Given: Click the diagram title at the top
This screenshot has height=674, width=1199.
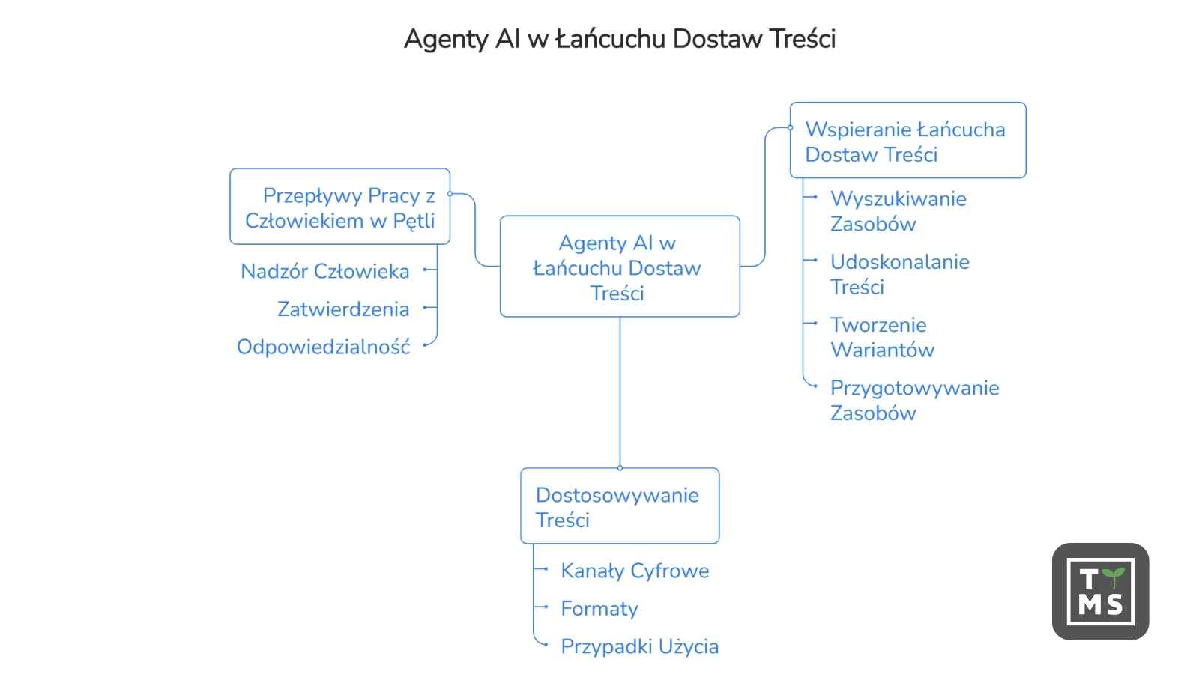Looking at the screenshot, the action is (619, 39).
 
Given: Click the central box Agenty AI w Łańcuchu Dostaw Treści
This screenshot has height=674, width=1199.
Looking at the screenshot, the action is (620, 267).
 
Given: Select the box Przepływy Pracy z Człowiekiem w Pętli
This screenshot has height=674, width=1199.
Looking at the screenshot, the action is (340, 207).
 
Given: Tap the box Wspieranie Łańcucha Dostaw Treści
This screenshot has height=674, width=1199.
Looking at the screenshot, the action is (907, 140).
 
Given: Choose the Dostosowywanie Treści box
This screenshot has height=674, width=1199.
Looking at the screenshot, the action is (620, 506).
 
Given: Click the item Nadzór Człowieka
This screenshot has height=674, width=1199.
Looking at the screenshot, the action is (325, 271).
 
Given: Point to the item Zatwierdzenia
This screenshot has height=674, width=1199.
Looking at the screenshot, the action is (343, 309).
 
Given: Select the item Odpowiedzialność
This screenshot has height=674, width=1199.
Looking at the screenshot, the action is (323, 347).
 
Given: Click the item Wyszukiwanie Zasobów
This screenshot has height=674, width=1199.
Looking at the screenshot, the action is (899, 211).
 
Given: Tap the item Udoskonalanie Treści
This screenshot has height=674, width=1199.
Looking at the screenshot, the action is (900, 274).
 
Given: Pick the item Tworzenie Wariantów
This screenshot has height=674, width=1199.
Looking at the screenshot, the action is (882, 338).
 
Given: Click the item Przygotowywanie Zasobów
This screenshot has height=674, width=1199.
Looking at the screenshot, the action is (915, 401).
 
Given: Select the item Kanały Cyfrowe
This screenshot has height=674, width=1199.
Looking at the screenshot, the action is (635, 571).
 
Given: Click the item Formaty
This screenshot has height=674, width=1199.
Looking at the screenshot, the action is (599, 609).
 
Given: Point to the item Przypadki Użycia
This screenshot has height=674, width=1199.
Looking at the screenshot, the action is (640, 647).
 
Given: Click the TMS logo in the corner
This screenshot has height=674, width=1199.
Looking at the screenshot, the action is (1101, 592).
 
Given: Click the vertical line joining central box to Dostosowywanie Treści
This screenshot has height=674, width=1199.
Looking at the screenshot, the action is (620, 392).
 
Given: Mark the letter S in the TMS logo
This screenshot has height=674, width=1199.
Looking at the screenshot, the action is (1115, 605).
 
